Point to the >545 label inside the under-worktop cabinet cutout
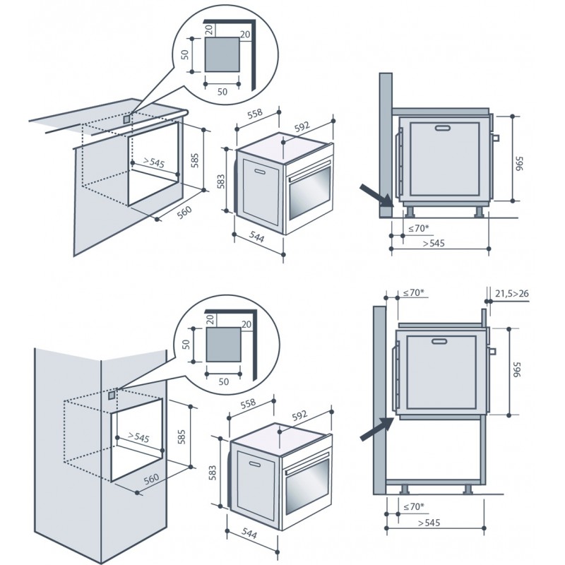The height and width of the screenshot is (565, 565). point(153,163)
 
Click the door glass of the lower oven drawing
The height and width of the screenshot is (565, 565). point(307,490)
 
